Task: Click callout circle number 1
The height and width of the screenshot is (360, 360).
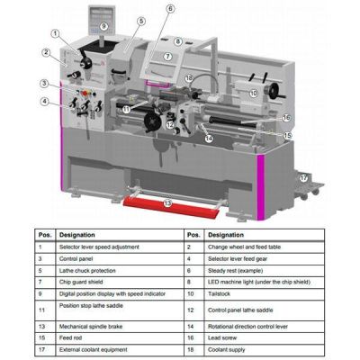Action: click(x=55, y=33)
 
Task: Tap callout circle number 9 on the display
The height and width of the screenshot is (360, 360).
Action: click(x=103, y=27)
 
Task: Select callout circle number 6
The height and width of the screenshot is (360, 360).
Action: click(x=170, y=9)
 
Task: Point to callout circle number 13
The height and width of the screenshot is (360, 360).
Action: click(x=167, y=203)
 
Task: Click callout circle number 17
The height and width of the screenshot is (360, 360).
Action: click(x=303, y=178)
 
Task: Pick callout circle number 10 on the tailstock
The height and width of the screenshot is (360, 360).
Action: click(x=254, y=92)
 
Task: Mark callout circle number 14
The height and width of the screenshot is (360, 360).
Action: click(x=208, y=139)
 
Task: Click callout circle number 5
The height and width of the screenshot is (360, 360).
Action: click(x=141, y=20)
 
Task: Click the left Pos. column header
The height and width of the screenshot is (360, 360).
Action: click(x=45, y=233)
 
